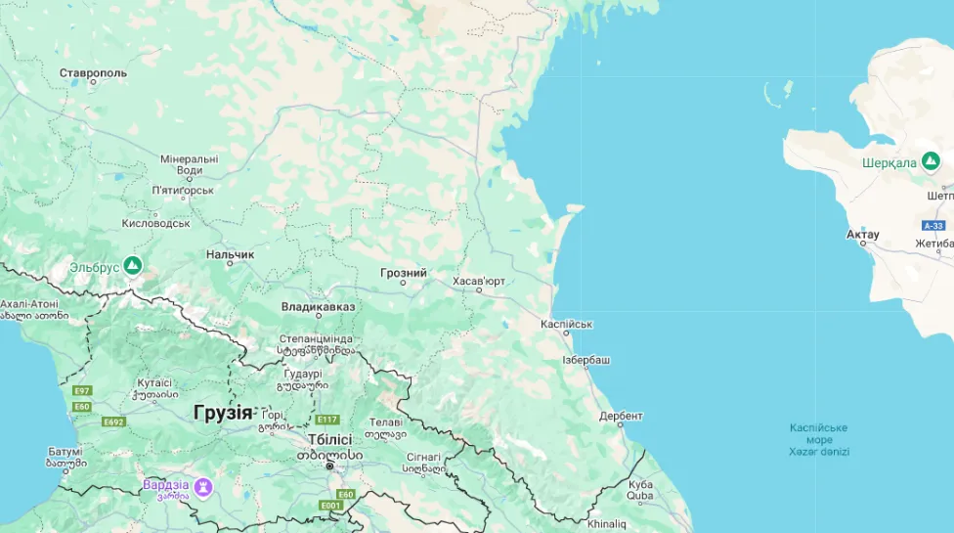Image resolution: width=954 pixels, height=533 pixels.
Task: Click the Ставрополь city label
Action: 93,73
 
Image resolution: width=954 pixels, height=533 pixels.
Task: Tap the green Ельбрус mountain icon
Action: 132,265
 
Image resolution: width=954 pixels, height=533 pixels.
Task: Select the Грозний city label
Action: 404,273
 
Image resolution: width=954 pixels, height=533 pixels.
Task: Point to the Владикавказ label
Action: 318,306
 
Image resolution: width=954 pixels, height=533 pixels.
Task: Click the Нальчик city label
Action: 230,254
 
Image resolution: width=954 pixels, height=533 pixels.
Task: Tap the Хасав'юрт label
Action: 479,281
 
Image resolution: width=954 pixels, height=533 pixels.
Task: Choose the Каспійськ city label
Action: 567,324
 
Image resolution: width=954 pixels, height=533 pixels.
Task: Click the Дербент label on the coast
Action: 621,415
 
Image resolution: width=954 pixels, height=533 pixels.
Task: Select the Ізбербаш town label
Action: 586,360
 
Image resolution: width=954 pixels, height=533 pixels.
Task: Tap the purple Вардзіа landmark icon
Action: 202,485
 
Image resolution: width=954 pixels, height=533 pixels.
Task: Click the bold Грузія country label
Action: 222,412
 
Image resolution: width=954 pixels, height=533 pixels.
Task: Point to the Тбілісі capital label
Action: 329,440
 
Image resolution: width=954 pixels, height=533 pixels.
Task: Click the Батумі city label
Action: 65,451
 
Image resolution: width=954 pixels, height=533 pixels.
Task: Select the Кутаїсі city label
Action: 154,383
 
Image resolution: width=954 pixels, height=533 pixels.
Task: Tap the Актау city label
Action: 863,235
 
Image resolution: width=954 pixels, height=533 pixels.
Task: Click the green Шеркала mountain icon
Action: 931,160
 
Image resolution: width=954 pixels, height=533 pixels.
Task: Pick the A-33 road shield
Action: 933,225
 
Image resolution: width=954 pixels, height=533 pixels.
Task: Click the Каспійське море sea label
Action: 819,433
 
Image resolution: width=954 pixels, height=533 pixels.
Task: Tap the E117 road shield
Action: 326,420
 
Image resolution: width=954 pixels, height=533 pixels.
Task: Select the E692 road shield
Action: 113,422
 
